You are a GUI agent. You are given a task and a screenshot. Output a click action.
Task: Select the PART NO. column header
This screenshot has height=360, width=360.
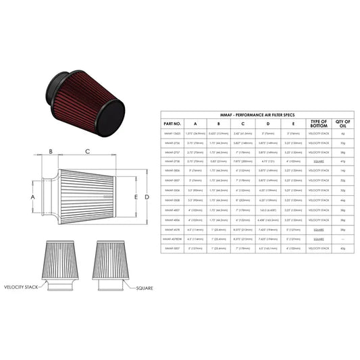pos(172,124)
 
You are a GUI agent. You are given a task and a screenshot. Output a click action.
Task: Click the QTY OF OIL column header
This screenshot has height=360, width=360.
pos(343,124)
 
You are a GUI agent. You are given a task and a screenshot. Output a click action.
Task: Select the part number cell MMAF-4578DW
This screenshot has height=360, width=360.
pos(172,239)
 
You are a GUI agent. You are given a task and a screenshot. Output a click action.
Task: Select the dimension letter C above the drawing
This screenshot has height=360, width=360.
pos(88,151)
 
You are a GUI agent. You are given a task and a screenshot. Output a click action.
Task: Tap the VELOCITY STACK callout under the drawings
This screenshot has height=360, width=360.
pos(24,286)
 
